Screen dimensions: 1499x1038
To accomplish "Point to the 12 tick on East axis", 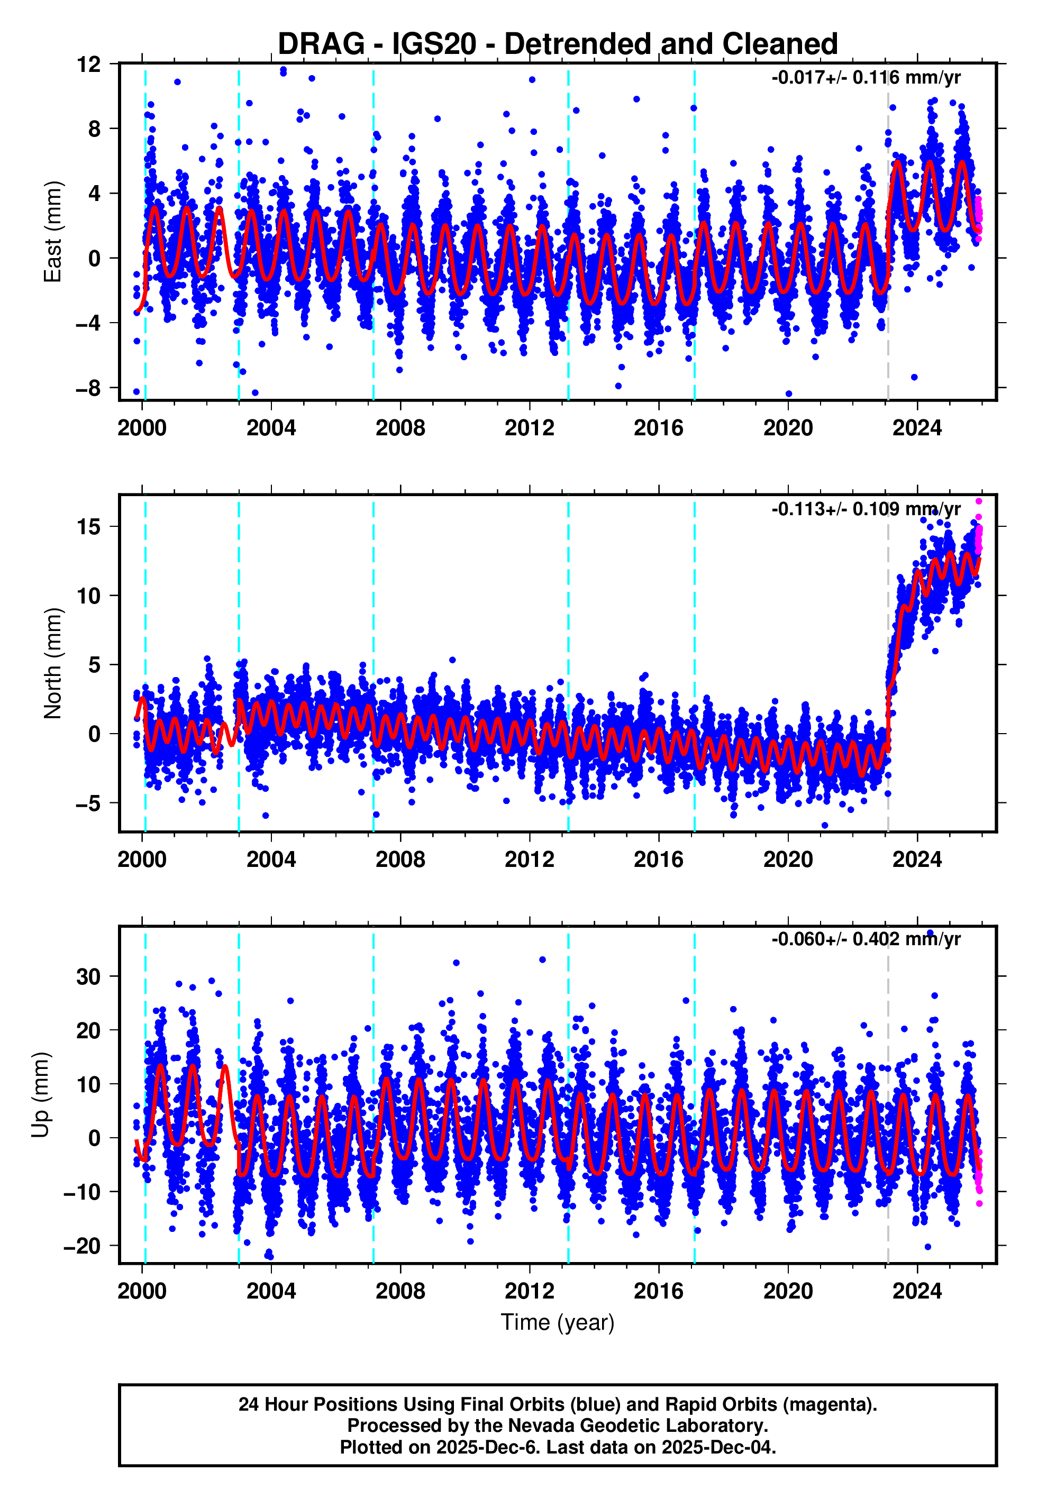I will tap(88, 65).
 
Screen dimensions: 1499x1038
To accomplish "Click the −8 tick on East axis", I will tap(88, 388).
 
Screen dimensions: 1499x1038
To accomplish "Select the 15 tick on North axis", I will tap(88, 526).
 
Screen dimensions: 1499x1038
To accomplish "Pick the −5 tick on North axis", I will tap(88, 803).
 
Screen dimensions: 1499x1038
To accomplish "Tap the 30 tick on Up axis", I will tap(88, 976).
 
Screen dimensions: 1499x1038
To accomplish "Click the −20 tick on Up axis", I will tap(83, 1246).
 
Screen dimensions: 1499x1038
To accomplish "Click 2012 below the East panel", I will tap(530, 428).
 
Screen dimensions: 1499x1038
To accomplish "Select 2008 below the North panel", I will tap(400, 860).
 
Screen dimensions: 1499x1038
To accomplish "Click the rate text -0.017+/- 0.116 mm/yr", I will tap(866, 78).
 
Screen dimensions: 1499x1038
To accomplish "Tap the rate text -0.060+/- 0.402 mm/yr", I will tap(866, 939).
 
